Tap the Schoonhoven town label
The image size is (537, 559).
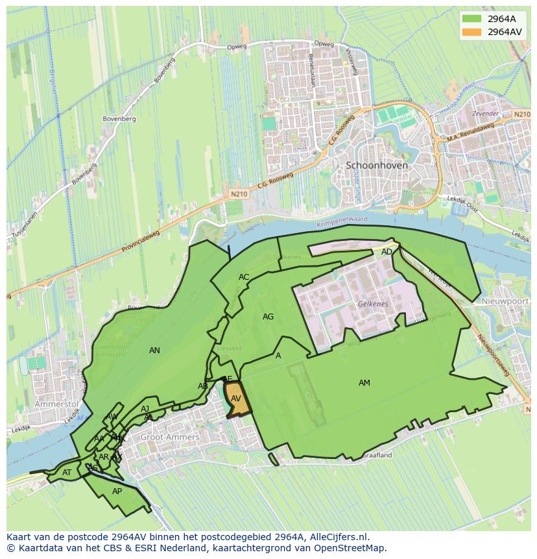pos(377,165)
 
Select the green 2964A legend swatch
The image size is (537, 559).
pos(471,19)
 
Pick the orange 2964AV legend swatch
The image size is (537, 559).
pos(471,32)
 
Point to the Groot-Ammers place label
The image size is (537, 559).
pos(169,438)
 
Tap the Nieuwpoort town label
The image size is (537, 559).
pos(507,302)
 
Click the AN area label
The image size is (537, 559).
pos(154,351)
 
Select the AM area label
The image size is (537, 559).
pos(364,383)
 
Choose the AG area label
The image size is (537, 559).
pos(268,317)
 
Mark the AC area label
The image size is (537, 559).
pos(244,277)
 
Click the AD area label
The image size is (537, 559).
pos(387,252)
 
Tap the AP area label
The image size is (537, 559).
pos(117,491)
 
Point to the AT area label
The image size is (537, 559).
pos(67,473)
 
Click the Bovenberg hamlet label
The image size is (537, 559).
pos(119,119)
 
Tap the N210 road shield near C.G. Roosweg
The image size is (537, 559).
pos(239,193)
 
